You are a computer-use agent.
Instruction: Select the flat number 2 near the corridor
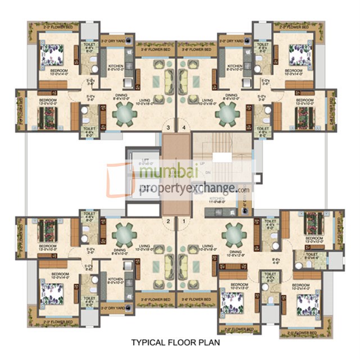coord(168,221)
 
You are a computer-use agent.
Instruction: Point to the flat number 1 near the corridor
coord(184,221)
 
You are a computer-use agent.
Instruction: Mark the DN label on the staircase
coord(209,172)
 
